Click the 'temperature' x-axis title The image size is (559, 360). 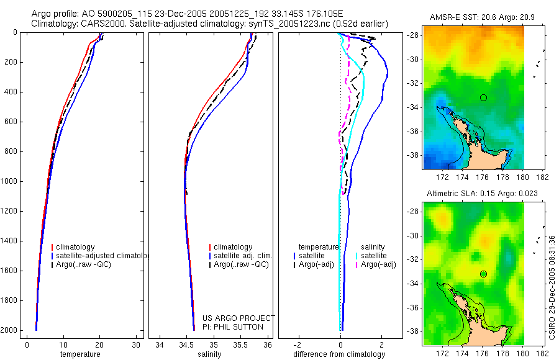coord(80,354)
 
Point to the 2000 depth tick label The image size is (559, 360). coord(9,330)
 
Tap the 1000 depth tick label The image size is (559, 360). coord(9,181)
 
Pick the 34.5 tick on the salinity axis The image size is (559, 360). coord(186,345)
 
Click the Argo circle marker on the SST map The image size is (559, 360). coord(483,97)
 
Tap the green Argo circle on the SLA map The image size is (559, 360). coord(483,274)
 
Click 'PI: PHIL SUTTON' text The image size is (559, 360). coord(233,326)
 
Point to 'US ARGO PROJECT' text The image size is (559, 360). coord(238,318)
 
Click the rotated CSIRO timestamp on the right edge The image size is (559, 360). coord(552,287)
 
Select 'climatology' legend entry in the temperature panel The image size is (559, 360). coord(75,247)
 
